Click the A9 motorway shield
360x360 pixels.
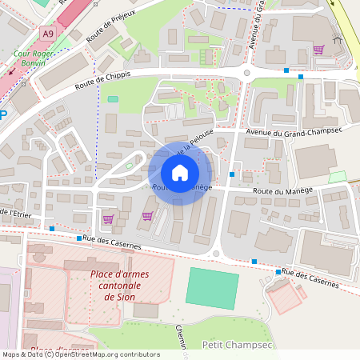tap(49, 34)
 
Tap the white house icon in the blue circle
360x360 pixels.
tap(180, 173)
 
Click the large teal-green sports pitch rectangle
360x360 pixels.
tap(213, 288)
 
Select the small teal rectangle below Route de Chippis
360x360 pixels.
tap(113, 99)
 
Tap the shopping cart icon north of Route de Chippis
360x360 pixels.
tap(318, 50)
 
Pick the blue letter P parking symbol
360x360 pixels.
tap(2, 114)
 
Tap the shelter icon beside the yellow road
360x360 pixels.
tap(337, 40)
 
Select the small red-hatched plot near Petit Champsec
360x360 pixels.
tap(286, 298)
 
